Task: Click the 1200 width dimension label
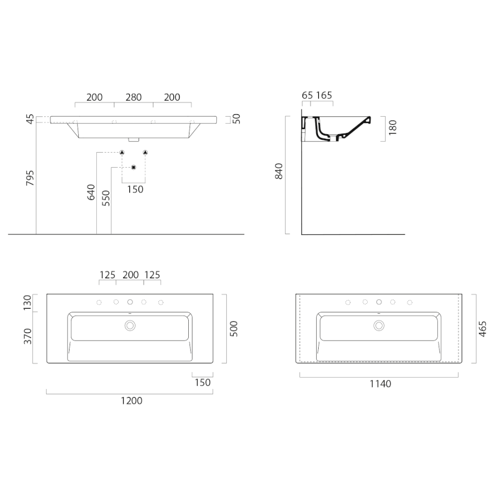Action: [132, 401]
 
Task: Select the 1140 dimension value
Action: [380, 384]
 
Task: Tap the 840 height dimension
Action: [278, 171]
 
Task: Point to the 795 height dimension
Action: [30, 178]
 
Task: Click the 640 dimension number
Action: [91, 192]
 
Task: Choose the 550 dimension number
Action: [106, 198]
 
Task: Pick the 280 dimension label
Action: [134, 97]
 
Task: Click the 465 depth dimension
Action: [482, 329]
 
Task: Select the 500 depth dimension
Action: [234, 329]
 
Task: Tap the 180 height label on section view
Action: [393, 127]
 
